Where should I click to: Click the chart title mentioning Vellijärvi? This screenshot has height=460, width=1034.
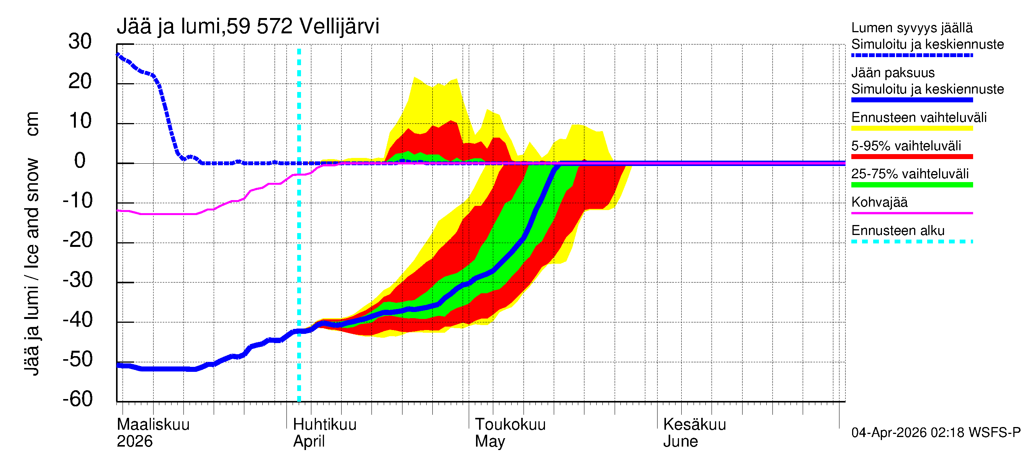click(248, 26)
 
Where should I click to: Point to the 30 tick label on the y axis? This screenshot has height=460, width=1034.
click(80, 41)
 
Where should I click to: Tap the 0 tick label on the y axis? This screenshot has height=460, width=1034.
click(80, 161)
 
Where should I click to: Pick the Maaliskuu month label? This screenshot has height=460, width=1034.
click(153, 424)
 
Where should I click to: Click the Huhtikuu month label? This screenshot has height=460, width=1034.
click(325, 424)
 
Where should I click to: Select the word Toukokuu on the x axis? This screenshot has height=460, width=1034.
click(510, 424)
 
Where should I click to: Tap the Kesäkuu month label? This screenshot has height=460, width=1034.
click(694, 424)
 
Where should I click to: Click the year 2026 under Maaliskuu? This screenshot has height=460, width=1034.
click(134, 441)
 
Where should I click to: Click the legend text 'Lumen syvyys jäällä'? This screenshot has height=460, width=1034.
click(912, 28)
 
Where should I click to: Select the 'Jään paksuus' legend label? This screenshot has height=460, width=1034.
click(893, 73)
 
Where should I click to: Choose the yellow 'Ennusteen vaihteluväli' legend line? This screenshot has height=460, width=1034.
click(912, 128)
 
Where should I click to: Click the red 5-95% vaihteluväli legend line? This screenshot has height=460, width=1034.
click(912, 157)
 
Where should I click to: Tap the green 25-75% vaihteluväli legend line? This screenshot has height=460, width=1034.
click(912, 185)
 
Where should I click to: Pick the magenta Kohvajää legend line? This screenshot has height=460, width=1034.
click(912, 213)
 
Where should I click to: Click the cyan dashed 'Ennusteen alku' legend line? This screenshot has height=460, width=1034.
click(912, 242)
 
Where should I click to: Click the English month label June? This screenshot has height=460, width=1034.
click(681, 441)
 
